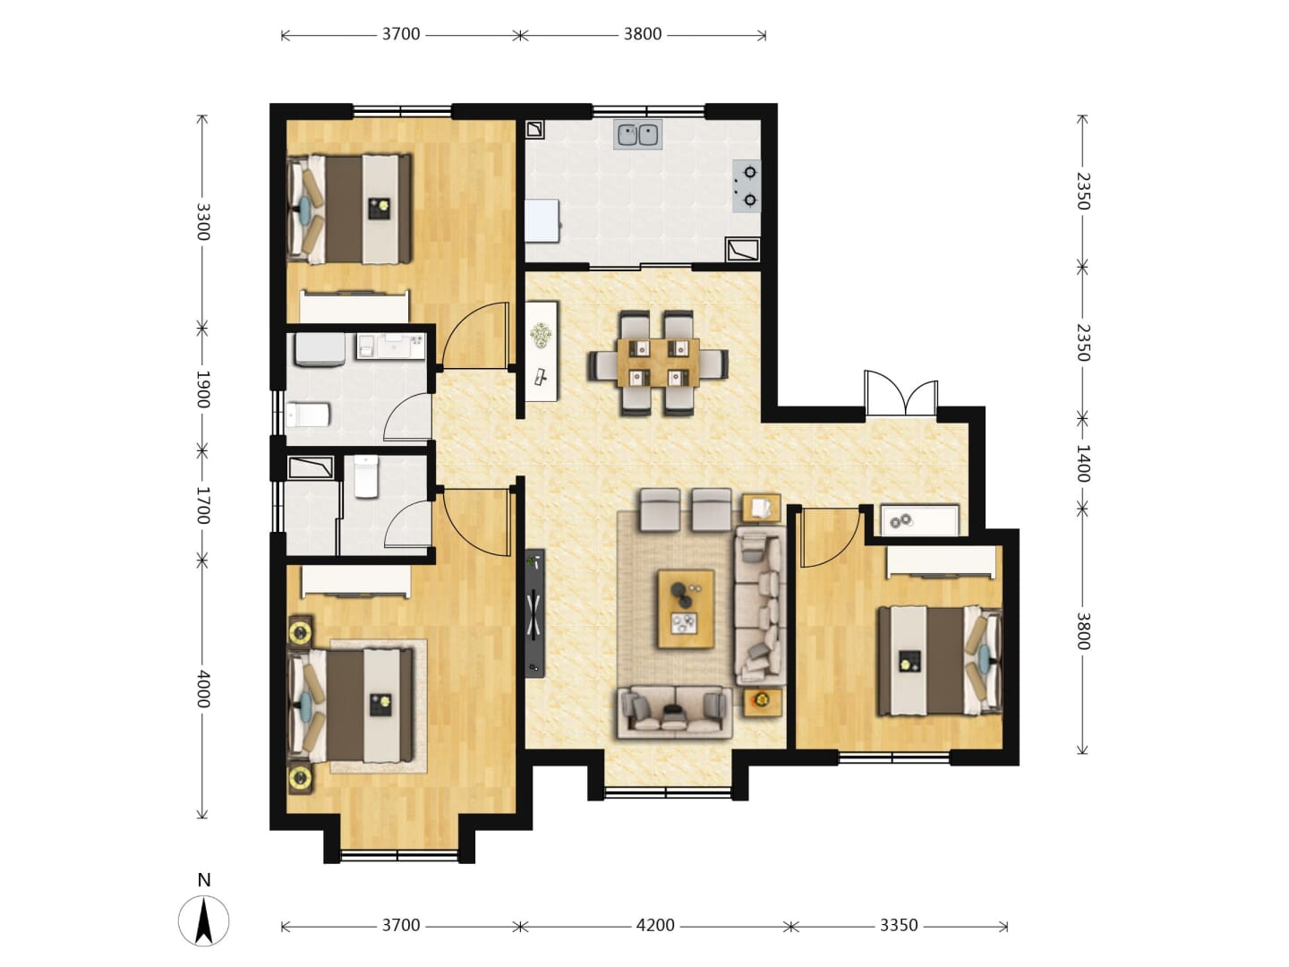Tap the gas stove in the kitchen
click(x=747, y=186)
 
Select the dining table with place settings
click(x=658, y=363)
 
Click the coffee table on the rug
click(x=686, y=609)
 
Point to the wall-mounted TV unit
click(x=535, y=613)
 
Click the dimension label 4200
click(x=655, y=925)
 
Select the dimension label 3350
click(x=899, y=925)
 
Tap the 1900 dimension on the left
click(x=203, y=389)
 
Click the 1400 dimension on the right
click(x=1082, y=464)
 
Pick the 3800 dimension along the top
click(x=643, y=34)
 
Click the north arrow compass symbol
click(x=204, y=921)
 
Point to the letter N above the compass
click(x=204, y=880)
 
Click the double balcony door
click(x=901, y=393)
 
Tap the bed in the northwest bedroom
click(x=349, y=209)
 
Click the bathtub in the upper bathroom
click(x=320, y=350)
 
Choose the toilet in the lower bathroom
click(x=367, y=476)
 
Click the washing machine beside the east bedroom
click(x=919, y=520)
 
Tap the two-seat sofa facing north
click(x=675, y=712)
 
